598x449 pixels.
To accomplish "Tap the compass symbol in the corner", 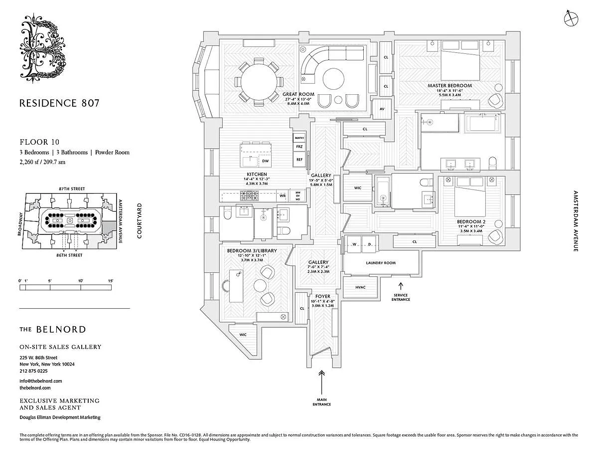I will pyautogui.click(x=571, y=18).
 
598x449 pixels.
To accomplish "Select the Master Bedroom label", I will pyautogui.click(x=449, y=86).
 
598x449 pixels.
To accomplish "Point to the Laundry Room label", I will pyautogui.click(x=381, y=263).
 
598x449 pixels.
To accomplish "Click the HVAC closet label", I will pyautogui.click(x=361, y=288).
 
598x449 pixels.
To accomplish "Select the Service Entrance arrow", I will pyautogui.click(x=401, y=286).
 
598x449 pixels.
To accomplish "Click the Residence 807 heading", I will pyautogui.click(x=59, y=103).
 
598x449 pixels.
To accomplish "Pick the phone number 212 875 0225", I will pyautogui.click(x=34, y=371).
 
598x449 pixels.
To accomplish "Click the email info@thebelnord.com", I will pyautogui.click(x=41, y=381).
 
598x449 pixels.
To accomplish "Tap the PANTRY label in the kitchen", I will pyautogui.click(x=299, y=137).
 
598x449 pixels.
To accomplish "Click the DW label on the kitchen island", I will pyautogui.click(x=265, y=161).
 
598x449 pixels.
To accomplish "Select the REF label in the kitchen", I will pyautogui.click(x=299, y=160).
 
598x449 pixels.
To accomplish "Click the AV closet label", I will pyautogui.click(x=382, y=109).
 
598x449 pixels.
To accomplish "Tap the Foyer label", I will pyautogui.click(x=318, y=296).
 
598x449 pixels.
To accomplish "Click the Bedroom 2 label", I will pyautogui.click(x=470, y=222).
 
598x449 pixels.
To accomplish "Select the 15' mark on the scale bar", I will pyautogui.click(x=110, y=281).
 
